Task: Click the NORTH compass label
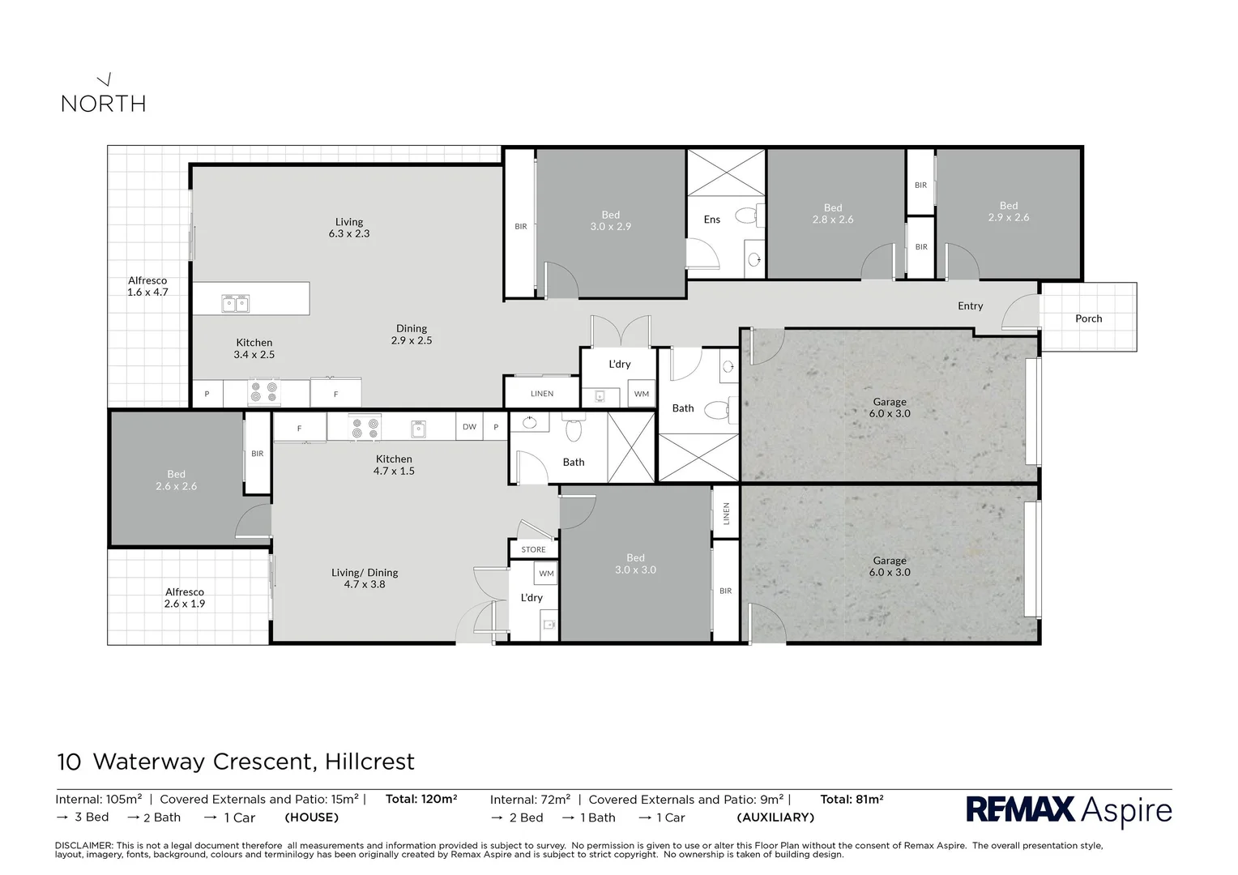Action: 104,103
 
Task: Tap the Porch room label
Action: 1088,318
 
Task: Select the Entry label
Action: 970,305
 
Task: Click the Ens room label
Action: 711,220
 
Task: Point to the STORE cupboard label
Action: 533,549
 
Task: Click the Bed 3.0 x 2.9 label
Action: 610,220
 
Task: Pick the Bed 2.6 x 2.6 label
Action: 176,480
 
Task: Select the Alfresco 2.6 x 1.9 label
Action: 185,597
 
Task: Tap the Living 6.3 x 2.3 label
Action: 349,227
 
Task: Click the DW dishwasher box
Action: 469,427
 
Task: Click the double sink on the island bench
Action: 235,304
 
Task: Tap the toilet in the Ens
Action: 745,216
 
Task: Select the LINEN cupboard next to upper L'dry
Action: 542,394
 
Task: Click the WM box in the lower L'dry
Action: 546,574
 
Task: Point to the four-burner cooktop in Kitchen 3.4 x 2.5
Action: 264,393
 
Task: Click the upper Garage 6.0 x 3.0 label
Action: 890,407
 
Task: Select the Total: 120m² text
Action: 421,799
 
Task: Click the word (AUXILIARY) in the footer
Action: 775,817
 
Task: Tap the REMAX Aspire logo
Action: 1069,810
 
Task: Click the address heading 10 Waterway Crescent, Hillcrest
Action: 236,762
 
